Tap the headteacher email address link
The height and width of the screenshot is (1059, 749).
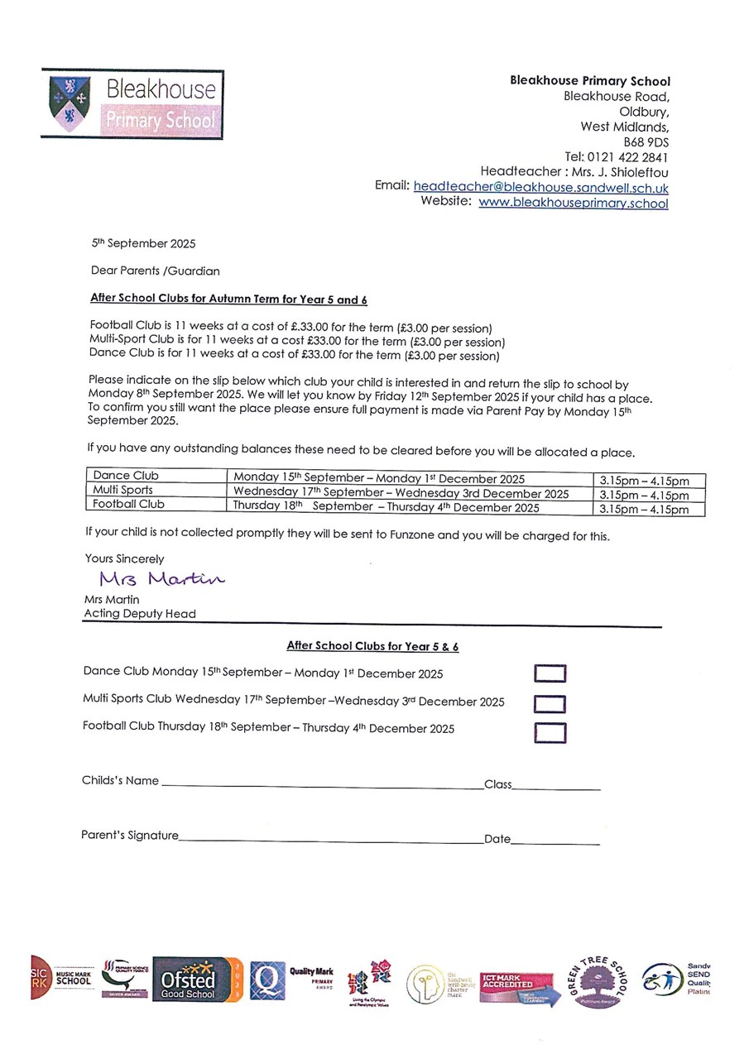[x=540, y=187]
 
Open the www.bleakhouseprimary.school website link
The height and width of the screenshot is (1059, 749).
[x=573, y=203]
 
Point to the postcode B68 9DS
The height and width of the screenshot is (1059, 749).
[x=646, y=142]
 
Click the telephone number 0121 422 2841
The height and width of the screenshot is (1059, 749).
[x=628, y=157]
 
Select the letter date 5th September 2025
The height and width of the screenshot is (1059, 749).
[x=143, y=244]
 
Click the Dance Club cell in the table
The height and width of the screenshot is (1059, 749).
[x=156, y=477]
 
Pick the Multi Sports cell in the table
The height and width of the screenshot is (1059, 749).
[x=156, y=490]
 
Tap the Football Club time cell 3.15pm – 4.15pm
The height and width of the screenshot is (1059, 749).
[x=650, y=510]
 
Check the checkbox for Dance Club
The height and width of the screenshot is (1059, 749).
[x=550, y=673]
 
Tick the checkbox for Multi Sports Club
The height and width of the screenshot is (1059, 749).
[x=550, y=703]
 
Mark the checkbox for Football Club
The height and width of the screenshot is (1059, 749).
[x=550, y=733]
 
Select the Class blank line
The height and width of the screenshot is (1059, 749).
[x=556, y=787]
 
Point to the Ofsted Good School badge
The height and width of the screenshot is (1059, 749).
[x=198, y=980]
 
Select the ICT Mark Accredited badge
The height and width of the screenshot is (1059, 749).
[x=517, y=987]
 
